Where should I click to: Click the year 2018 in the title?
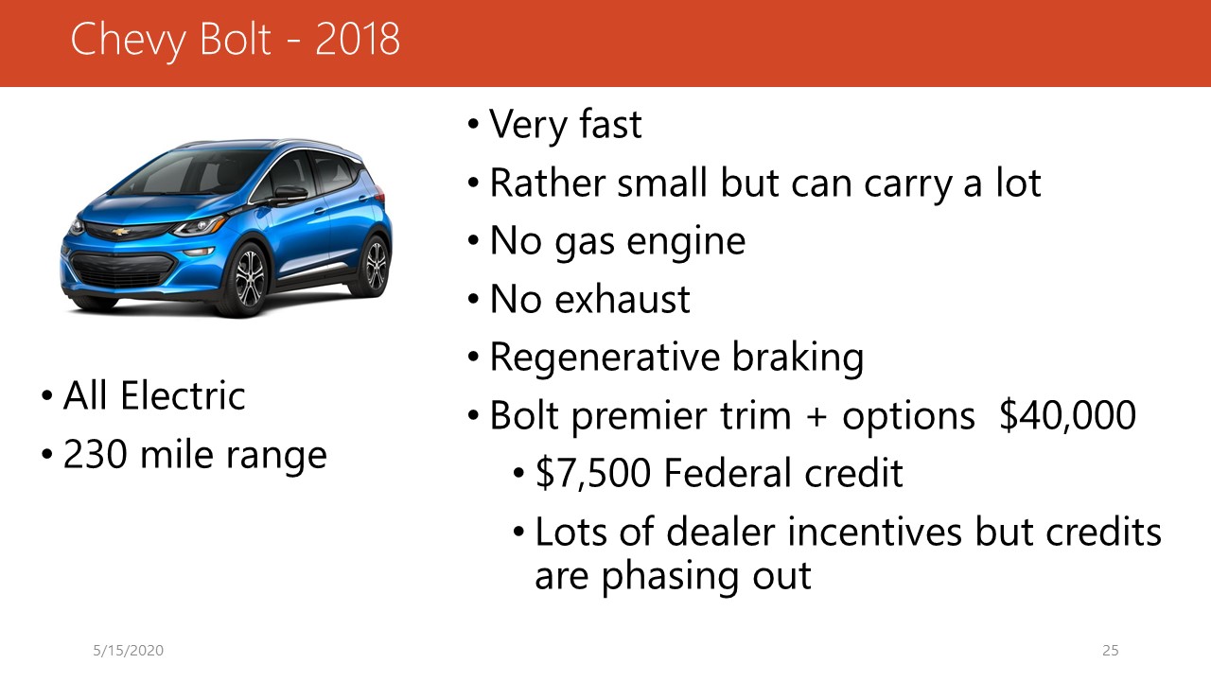click(x=357, y=39)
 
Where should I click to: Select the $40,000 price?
click(x=1067, y=415)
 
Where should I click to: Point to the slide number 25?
click(x=1111, y=650)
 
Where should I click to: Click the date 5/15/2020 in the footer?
click(x=128, y=650)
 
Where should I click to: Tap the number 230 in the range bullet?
click(x=96, y=454)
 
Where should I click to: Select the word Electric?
click(x=183, y=395)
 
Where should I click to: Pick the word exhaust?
click(x=623, y=299)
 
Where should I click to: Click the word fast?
click(x=610, y=124)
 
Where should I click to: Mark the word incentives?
click(x=875, y=532)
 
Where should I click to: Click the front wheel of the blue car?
click(x=250, y=279)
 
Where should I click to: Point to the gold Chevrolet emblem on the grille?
click(x=121, y=232)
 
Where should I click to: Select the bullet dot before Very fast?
click(x=474, y=124)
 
